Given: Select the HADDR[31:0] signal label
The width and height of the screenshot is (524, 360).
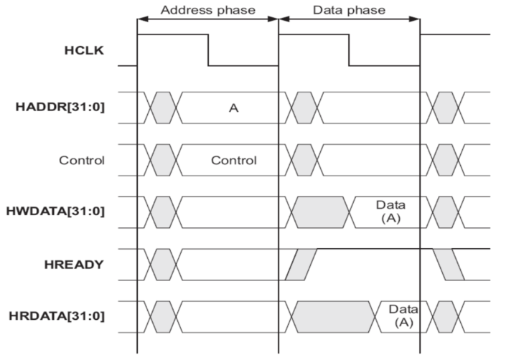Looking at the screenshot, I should tap(55, 108).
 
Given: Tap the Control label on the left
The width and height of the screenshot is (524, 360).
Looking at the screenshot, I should tap(82, 160).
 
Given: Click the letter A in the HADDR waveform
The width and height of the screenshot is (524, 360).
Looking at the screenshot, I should tap(233, 108).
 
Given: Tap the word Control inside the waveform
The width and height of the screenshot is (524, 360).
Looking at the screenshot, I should tap(233, 160).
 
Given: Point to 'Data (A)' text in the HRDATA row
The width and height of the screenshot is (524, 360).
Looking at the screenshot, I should tap(403, 316).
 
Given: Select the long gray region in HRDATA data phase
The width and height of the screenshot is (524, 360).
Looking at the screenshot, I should tap(333, 316).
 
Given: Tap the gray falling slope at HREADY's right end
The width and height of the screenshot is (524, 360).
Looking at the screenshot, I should tap(448, 265).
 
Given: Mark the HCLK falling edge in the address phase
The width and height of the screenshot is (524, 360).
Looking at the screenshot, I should tap(208, 50).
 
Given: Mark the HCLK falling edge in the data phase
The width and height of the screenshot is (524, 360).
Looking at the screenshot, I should tap(349, 50).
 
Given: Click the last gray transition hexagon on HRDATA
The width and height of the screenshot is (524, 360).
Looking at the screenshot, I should tap(445, 316).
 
